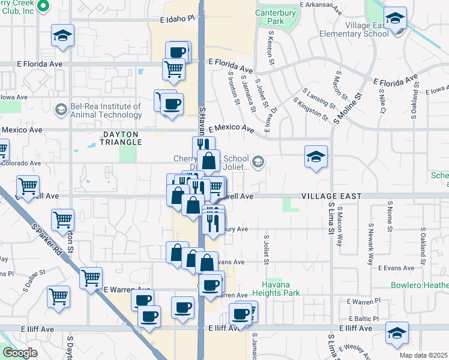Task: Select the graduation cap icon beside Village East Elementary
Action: [395, 19]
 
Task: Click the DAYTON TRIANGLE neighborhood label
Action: [114, 138]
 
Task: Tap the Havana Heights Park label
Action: [279, 288]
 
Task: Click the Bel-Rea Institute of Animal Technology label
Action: [105, 110]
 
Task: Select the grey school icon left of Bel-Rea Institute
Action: [61, 110]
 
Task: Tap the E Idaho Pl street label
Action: [179, 19]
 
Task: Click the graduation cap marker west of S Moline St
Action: [316, 157]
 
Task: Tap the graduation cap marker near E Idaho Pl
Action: [62, 35]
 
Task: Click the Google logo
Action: [20, 353]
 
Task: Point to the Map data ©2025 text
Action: [424, 355]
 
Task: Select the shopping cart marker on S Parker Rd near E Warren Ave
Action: [91, 278]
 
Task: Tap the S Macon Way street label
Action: [340, 226]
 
